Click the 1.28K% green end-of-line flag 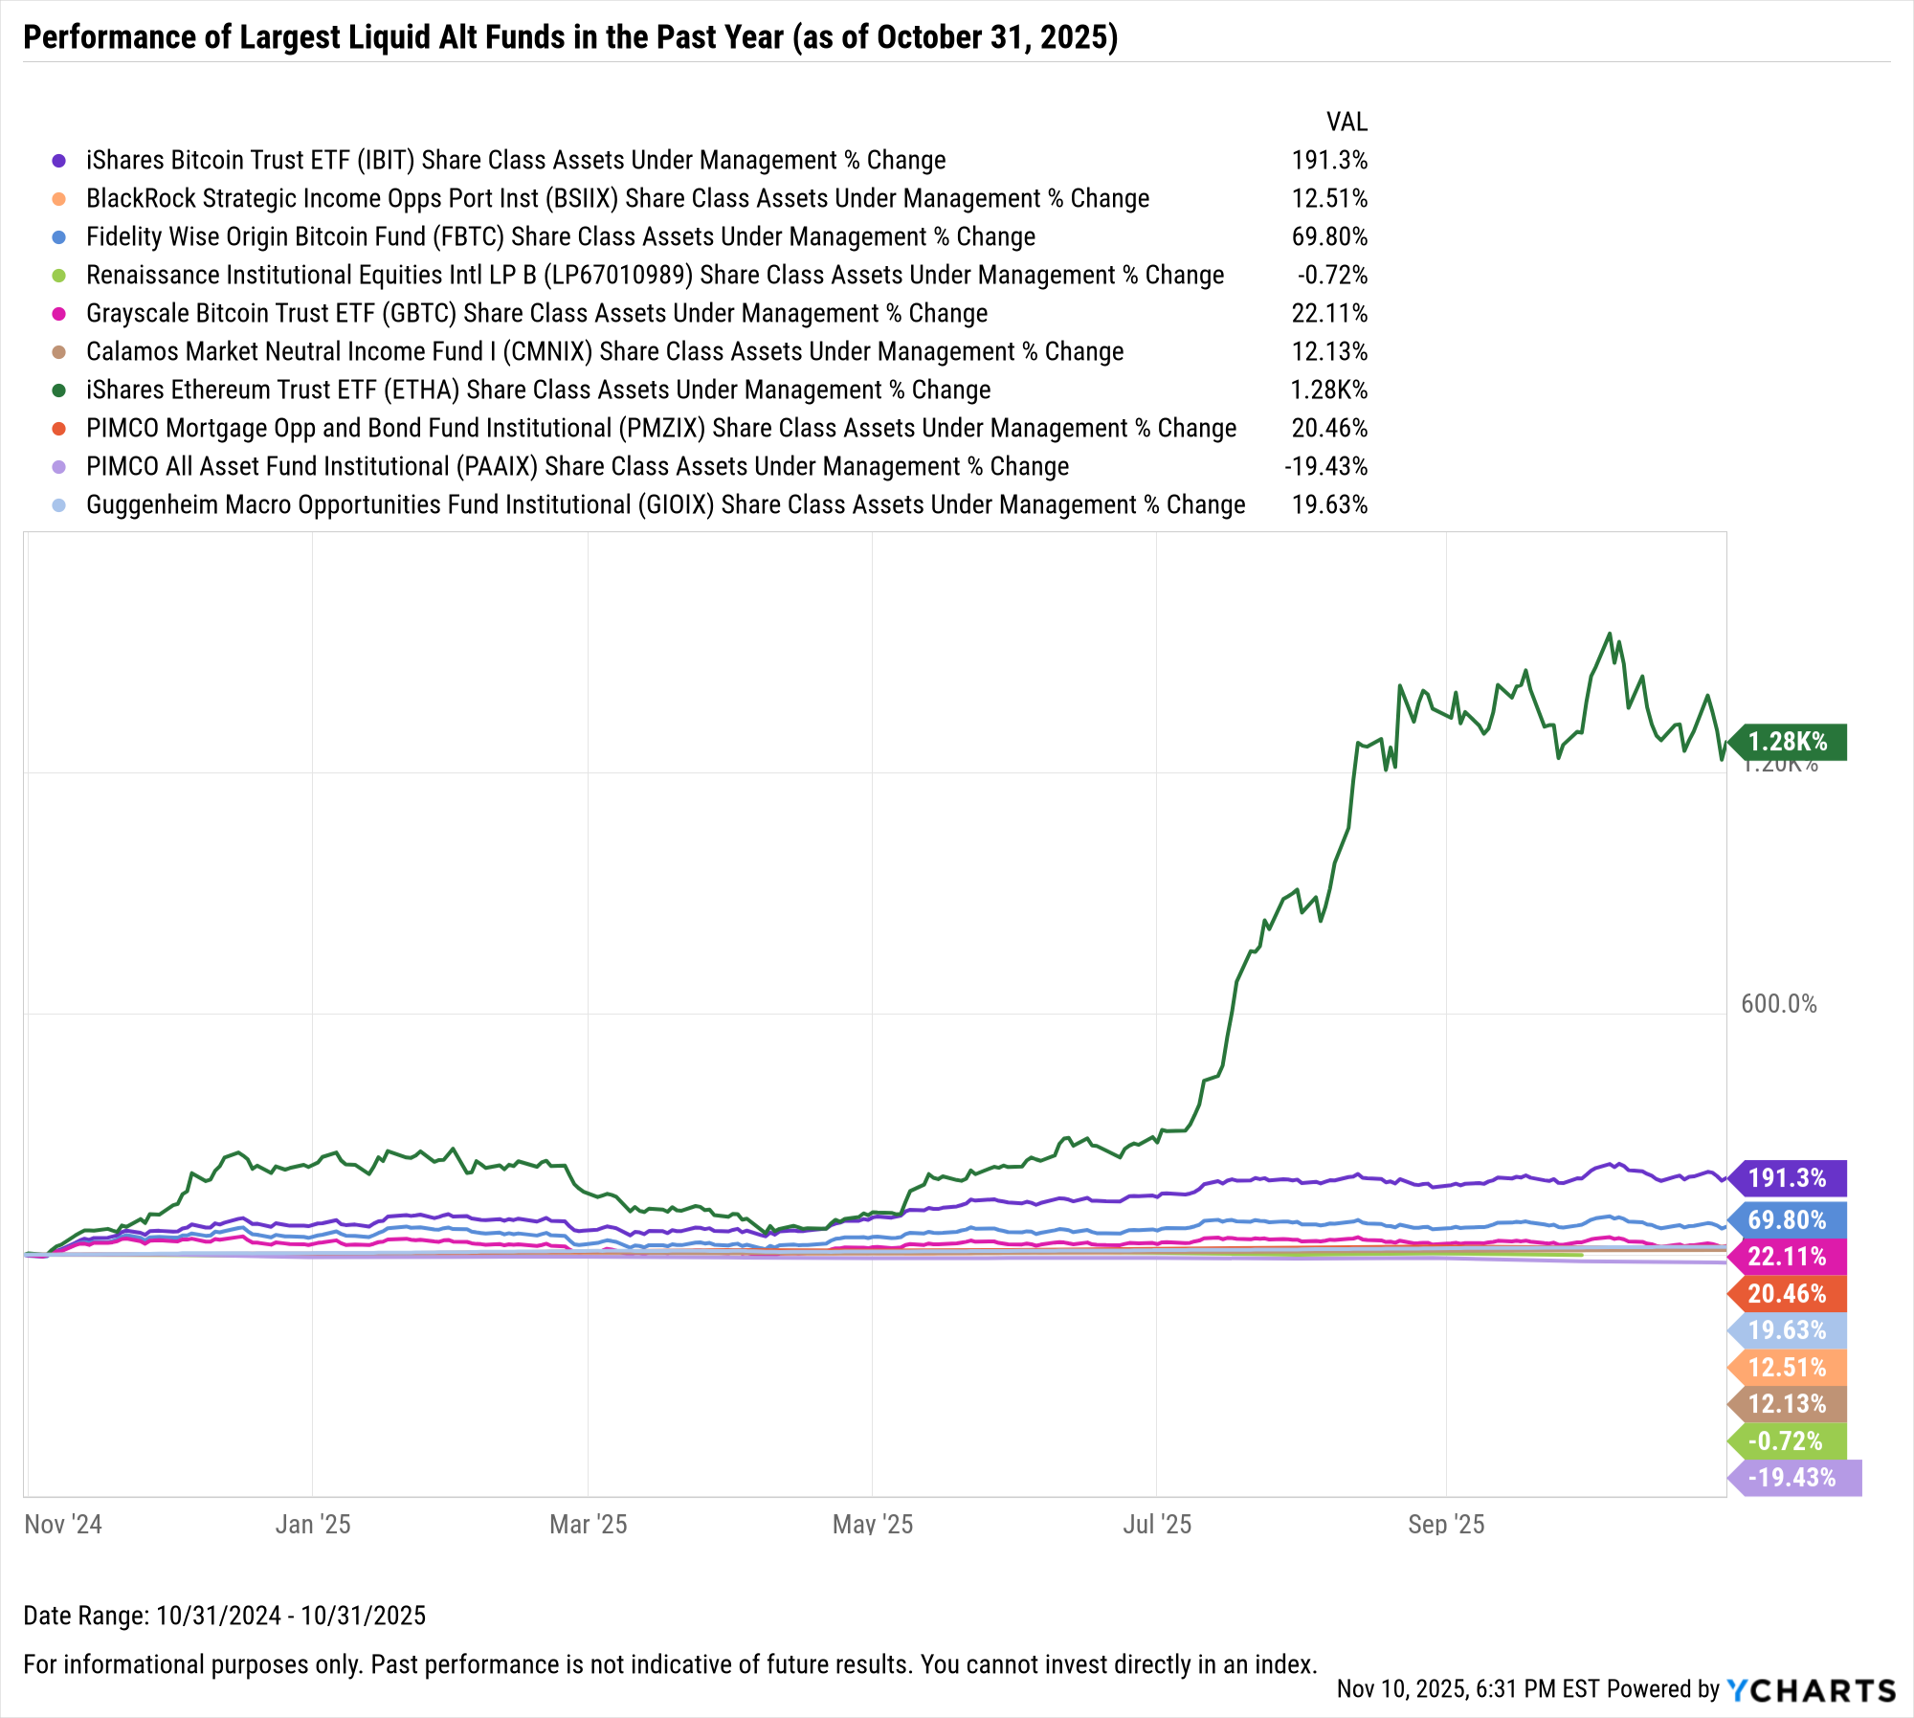[x=1788, y=742]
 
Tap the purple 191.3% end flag [x=1788, y=1178]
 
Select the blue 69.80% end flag [x=1788, y=1219]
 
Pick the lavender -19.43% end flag [x=1793, y=1478]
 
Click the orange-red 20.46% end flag [x=1788, y=1294]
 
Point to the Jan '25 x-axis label [x=313, y=1525]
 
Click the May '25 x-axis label [x=873, y=1525]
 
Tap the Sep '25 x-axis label [x=1446, y=1525]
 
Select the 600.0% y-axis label [x=1778, y=1004]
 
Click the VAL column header [x=1346, y=123]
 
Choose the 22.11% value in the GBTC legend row [x=1329, y=314]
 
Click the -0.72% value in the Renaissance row [x=1332, y=276]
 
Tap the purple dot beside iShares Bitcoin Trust [x=59, y=161]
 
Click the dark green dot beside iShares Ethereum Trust [x=59, y=390]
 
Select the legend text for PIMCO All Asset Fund [x=577, y=467]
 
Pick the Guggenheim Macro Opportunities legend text [x=665, y=505]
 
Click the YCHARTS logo [x=1812, y=1690]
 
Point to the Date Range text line [x=224, y=1616]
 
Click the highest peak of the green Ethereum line [x=1609, y=634]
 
